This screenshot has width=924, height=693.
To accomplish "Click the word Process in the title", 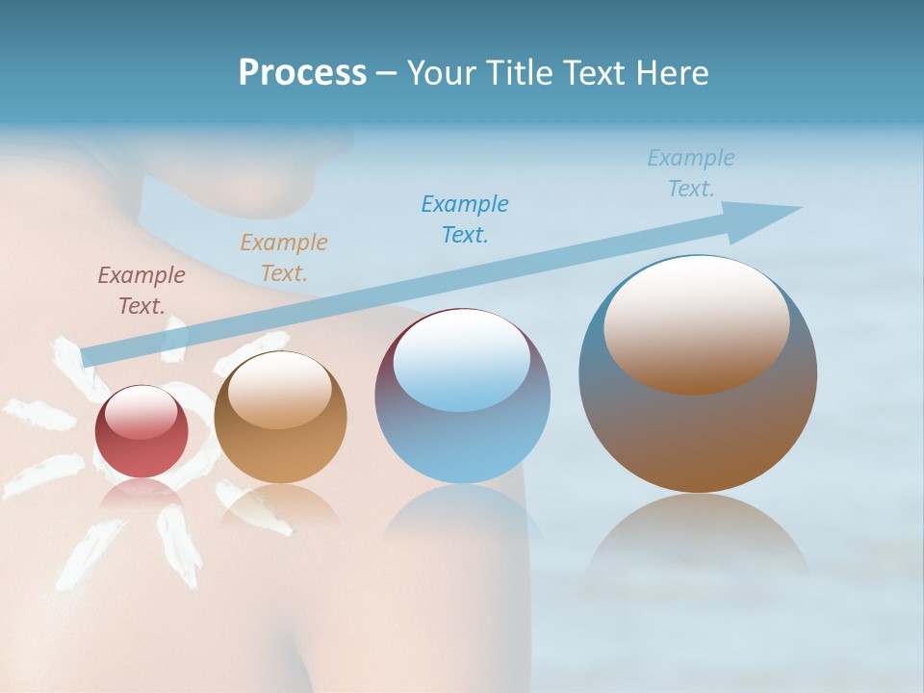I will (x=302, y=73).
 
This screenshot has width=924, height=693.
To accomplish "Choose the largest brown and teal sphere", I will (x=698, y=375).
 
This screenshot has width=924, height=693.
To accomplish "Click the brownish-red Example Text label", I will (x=141, y=290).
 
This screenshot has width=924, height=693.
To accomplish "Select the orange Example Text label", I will (x=284, y=257).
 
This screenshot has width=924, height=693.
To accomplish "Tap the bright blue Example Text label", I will (x=465, y=218).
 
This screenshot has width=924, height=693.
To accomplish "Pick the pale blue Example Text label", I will (x=691, y=173).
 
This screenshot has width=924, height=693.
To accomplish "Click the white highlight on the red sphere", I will (x=141, y=411).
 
